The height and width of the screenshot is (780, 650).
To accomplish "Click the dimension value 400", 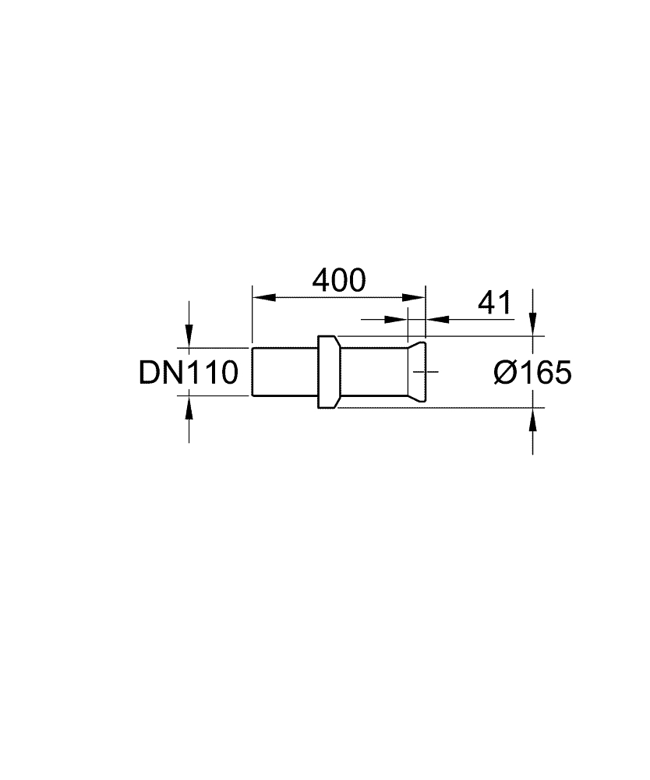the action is click(339, 280).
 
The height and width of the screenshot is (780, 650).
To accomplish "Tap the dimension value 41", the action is click(494, 303).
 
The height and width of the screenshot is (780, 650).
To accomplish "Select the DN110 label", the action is click(189, 373).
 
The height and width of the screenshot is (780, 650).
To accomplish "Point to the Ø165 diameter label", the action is click(533, 372).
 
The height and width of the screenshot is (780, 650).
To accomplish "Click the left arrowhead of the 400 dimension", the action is click(264, 297).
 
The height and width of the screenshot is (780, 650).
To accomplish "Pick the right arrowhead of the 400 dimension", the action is click(414, 297).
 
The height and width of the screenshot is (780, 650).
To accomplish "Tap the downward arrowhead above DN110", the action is click(189, 335).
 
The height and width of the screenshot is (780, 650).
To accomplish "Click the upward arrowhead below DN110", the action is click(189, 408).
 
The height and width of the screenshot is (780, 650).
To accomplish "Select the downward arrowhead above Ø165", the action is click(533, 324).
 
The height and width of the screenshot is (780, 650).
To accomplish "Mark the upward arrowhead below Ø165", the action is click(533, 420).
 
